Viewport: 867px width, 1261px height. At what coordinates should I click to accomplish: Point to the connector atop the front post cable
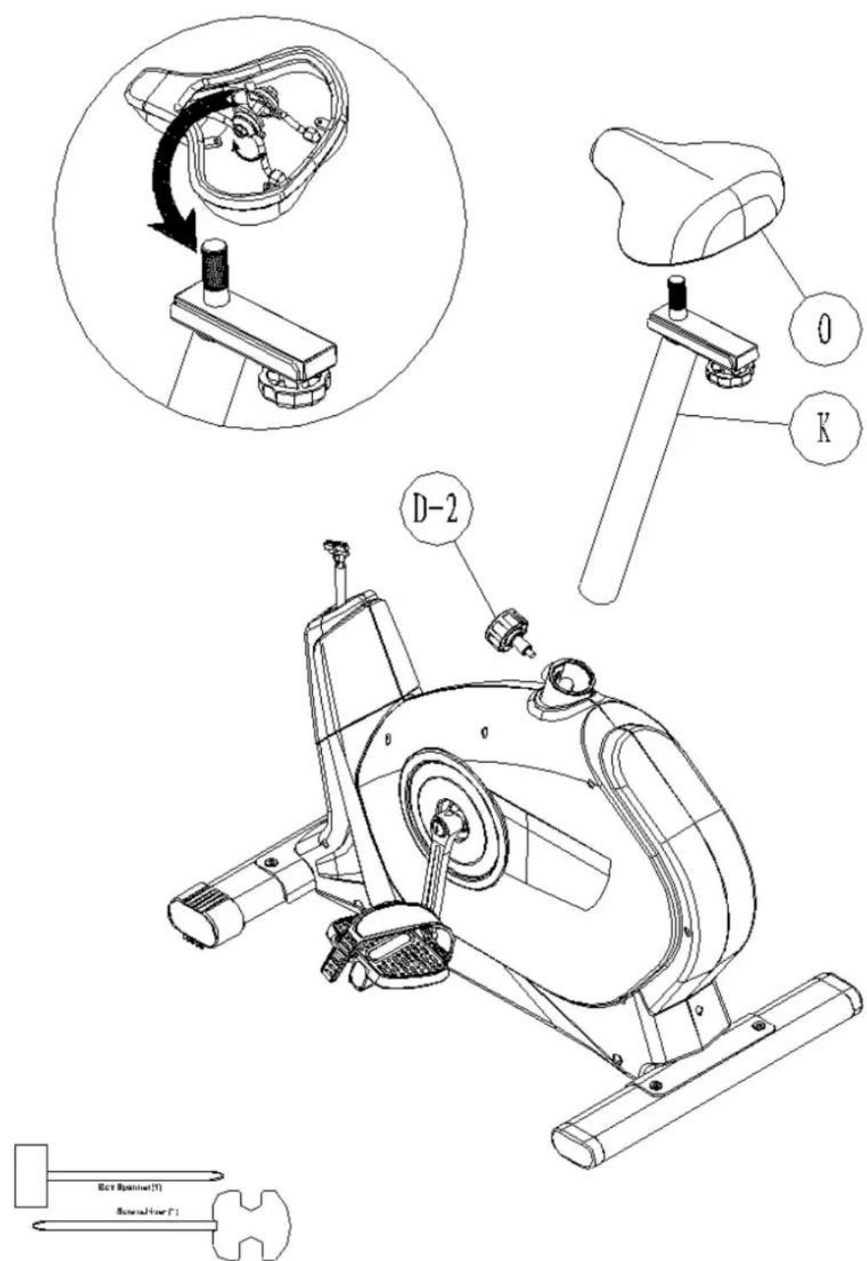(x=335, y=548)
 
